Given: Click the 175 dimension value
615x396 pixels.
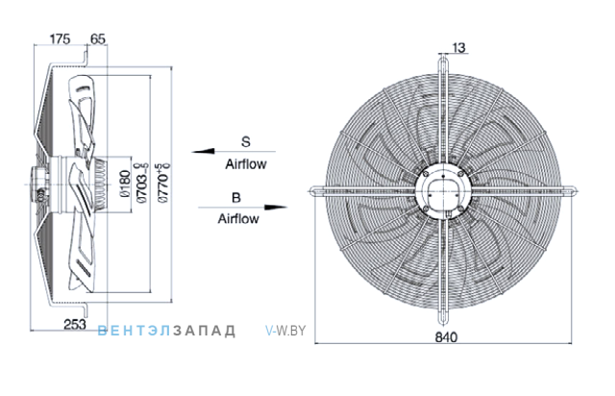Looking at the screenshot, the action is [x=60, y=38].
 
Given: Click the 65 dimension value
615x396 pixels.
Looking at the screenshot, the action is [x=98, y=38].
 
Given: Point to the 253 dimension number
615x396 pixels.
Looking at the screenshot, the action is [x=75, y=324].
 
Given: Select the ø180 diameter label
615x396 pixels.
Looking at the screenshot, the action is [x=125, y=184].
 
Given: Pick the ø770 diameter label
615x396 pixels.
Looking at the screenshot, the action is [x=164, y=183].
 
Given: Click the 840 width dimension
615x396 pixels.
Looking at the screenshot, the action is [x=446, y=337].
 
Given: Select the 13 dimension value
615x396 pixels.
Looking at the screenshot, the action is [x=458, y=47].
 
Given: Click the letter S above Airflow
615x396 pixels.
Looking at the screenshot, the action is [x=246, y=141].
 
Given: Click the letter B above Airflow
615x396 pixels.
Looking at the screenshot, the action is [x=235, y=197].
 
